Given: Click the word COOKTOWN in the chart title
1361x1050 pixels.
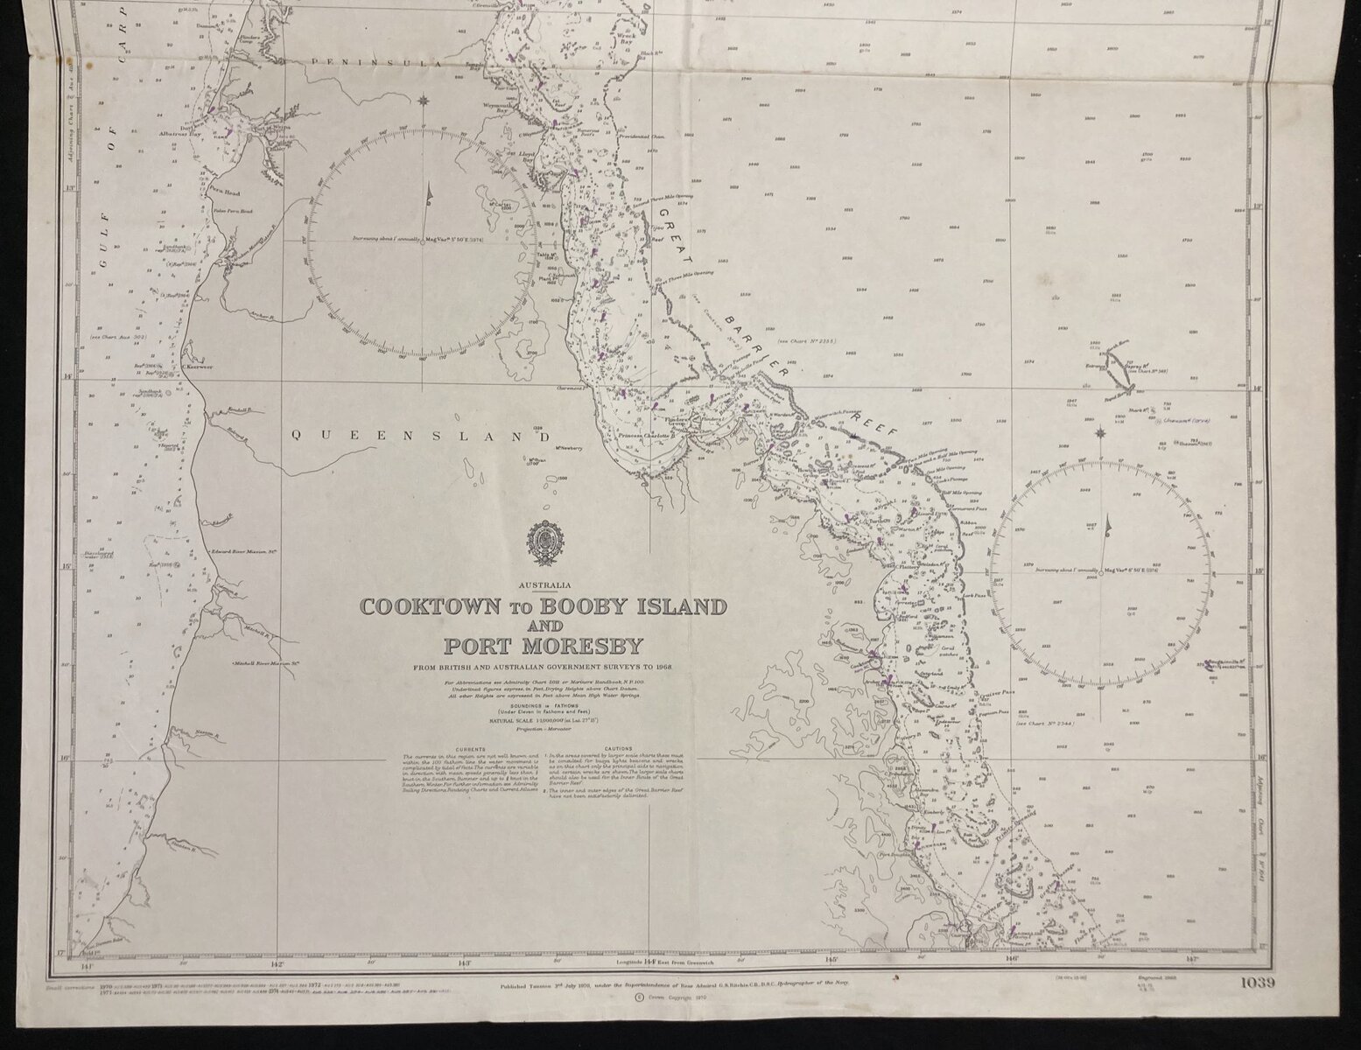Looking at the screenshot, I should click(421, 606).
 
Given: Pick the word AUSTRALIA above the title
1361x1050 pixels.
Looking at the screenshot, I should click(544, 584).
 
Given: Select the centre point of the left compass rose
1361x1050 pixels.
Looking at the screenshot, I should click(424, 241).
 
